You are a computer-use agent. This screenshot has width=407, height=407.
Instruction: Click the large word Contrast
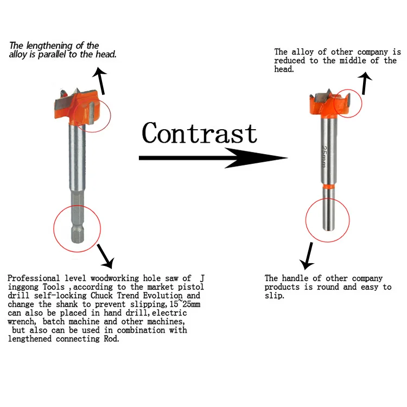[199, 133]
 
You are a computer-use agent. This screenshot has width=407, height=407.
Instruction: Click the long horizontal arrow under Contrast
[212, 158]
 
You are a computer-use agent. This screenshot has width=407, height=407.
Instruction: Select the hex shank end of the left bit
[77, 228]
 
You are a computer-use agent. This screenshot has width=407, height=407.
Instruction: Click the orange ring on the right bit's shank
[328, 186]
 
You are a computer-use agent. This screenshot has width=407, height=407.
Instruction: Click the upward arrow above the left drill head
[99, 77]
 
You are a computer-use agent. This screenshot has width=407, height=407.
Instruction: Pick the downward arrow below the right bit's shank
[309, 255]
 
